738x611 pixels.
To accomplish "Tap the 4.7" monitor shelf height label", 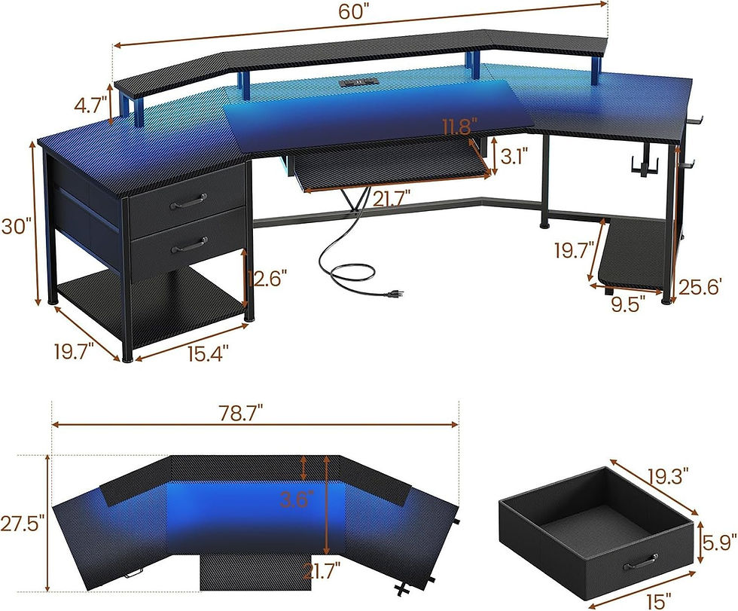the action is [90, 105].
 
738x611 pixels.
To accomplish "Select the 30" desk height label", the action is [16, 226].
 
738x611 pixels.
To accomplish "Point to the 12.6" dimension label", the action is [264, 278].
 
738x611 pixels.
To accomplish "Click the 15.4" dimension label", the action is [208, 353].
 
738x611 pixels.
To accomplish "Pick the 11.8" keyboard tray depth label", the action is [459, 127].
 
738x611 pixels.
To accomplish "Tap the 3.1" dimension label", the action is [514, 156].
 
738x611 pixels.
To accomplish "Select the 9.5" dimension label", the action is [625, 304].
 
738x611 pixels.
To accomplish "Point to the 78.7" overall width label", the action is [240, 413].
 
